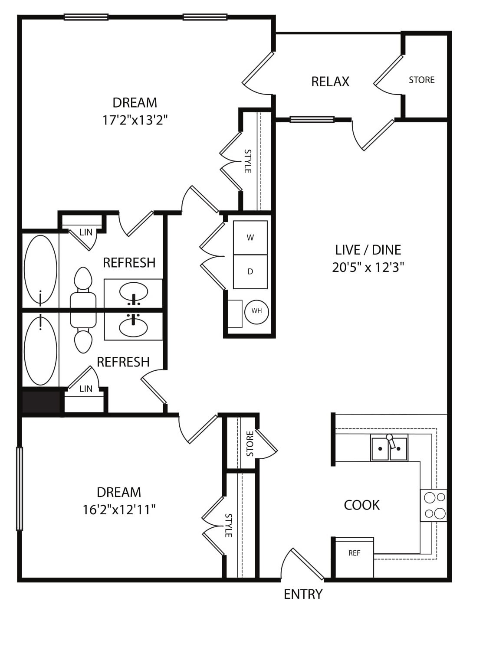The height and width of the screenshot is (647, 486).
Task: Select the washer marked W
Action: point(250,238)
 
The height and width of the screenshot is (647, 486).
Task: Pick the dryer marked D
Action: point(250,272)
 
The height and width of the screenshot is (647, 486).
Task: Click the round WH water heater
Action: point(256,311)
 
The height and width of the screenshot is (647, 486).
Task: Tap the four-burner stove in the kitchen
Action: point(433,506)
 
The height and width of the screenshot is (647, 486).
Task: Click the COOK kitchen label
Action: point(361,505)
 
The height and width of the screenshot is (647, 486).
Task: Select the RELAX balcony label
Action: point(330,82)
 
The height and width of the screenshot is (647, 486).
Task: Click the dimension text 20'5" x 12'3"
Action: point(368,268)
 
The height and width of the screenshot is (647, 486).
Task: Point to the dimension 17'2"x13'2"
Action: point(135,120)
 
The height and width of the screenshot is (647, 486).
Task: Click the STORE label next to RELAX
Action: point(422,80)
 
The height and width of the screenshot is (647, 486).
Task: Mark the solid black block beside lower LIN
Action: point(41,402)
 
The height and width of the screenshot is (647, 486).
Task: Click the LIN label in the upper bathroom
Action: point(86,232)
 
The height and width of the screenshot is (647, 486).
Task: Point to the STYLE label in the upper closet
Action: point(248,161)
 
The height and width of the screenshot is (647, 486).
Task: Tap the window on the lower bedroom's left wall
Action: point(20,488)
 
